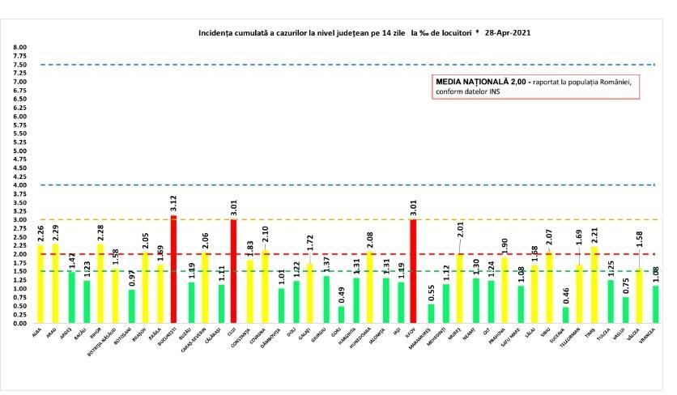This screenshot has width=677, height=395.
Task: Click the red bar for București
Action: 174,270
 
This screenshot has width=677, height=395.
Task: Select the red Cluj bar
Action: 233,271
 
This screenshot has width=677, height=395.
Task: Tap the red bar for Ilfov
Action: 413,271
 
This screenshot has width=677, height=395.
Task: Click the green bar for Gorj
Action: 341,315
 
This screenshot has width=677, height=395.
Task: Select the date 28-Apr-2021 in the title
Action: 502,34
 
